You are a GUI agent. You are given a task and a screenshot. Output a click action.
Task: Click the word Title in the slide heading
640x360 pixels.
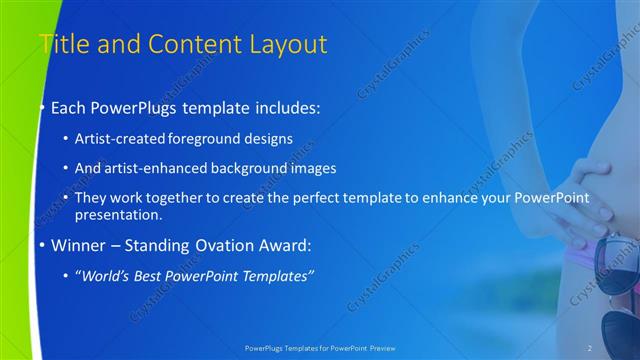[x=62, y=44]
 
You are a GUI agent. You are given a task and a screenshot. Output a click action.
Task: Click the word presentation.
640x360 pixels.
[x=125, y=214]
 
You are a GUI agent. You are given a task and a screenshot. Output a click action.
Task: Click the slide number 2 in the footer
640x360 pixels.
[x=590, y=348]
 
